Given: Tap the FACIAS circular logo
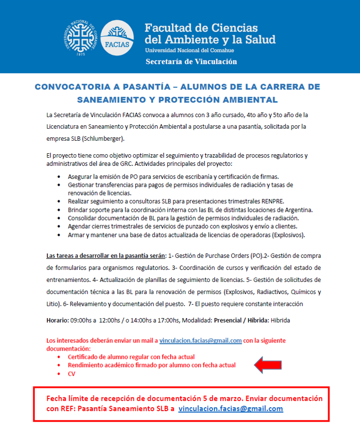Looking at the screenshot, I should click(117, 37).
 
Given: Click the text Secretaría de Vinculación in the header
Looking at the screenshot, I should click(191, 61).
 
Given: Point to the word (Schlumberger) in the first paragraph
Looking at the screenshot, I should click(103, 139).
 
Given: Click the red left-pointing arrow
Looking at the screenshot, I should click(272, 365).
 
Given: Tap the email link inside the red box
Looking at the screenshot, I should click(230, 408).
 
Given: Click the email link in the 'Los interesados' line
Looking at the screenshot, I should click(201, 340).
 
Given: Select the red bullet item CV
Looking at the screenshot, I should click(72, 374).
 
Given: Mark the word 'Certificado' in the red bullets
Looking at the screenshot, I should click(85, 356).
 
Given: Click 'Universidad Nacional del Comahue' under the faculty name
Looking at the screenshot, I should click(189, 50).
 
